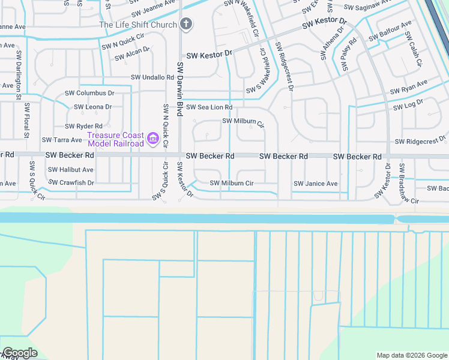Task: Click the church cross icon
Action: coord(186,24)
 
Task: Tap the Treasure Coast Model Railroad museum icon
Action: coord(153,140)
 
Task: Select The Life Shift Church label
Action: coord(139,25)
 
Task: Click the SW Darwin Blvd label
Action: coord(179,84)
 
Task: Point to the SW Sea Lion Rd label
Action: coord(209,107)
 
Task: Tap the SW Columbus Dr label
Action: coord(94,93)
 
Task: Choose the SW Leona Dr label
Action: coord(92,107)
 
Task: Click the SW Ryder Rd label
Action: coord(83,126)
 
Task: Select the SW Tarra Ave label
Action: coord(61,140)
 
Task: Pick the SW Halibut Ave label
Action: coord(71,170)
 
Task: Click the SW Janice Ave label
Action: coord(315,184)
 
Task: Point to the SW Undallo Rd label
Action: coord(152,77)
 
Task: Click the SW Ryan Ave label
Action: coord(408,87)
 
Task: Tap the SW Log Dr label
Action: coord(408,105)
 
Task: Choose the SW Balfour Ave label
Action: coord(391,31)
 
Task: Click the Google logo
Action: coord(20,353)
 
